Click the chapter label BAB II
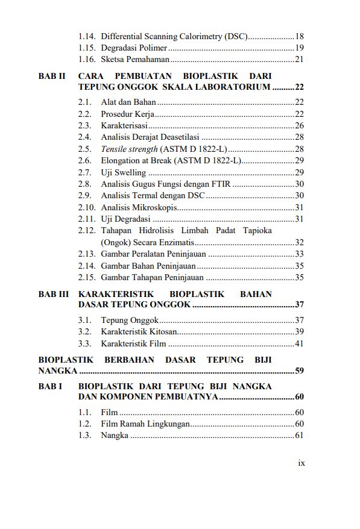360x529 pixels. [51, 77]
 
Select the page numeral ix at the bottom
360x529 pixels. [302, 463]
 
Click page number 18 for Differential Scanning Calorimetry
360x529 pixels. [300, 36]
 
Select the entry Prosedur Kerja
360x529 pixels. [128, 114]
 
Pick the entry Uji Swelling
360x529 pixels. [123, 172]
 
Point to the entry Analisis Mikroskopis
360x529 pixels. [138, 207]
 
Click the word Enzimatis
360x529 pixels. [174, 242]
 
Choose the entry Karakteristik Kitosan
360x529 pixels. [139, 332]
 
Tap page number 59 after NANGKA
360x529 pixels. [300, 371]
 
